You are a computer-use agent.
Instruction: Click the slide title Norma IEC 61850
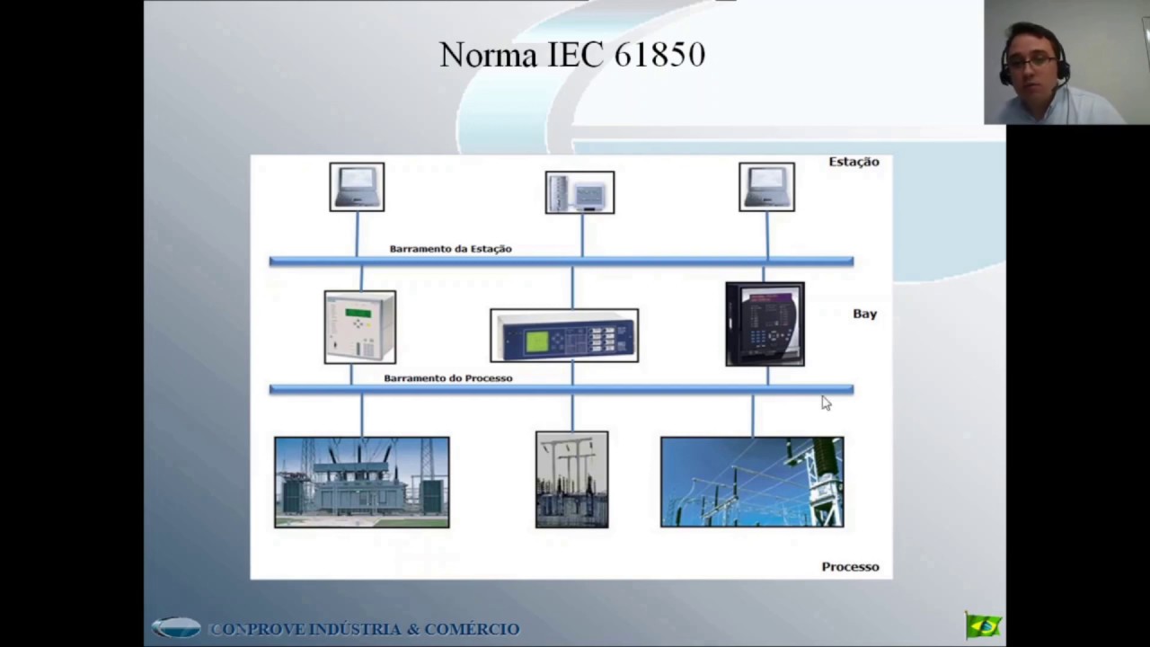(x=572, y=55)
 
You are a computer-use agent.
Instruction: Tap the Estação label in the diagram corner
(x=854, y=162)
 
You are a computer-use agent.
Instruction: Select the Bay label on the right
(x=864, y=314)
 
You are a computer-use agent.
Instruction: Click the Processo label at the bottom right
(x=850, y=567)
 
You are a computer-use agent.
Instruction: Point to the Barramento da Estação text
(x=450, y=249)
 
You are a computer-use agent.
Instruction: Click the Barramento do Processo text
(x=447, y=378)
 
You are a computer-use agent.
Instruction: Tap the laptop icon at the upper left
(x=357, y=187)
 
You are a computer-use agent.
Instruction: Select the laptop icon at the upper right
(x=766, y=187)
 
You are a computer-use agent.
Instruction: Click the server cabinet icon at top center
(x=579, y=192)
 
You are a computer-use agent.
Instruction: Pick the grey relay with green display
(x=359, y=327)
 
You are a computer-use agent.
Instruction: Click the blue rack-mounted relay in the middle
(x=564, y=336)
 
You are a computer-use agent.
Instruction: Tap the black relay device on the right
(x=765, y=324)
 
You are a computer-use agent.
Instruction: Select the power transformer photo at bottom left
(x=361, y=483)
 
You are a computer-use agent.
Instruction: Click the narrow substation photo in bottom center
(x=571, y=480)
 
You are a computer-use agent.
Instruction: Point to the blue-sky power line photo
(x=752, y=483)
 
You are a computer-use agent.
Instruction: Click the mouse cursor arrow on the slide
(x=826, y=403)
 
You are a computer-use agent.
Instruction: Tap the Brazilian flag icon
(x=983, y=625)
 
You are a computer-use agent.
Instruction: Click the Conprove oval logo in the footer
(x=176, y=628)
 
